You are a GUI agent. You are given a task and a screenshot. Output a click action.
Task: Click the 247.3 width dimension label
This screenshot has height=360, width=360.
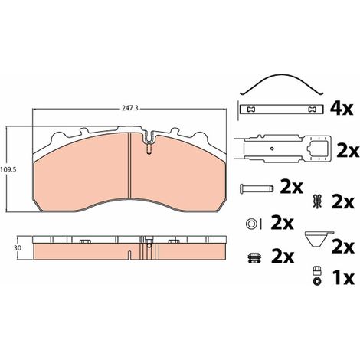tap(130, 109)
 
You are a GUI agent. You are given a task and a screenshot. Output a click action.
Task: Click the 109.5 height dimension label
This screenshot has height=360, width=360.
tap(8, 169)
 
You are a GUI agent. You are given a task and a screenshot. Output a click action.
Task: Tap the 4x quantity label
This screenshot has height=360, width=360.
tap(342, 110)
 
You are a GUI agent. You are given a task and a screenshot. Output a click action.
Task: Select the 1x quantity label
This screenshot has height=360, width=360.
tap(343, 278)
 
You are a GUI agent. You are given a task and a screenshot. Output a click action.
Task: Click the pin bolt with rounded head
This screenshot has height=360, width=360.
tap(257, 188)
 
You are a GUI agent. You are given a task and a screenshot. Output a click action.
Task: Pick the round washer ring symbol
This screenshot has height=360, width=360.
tap(250, 224)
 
